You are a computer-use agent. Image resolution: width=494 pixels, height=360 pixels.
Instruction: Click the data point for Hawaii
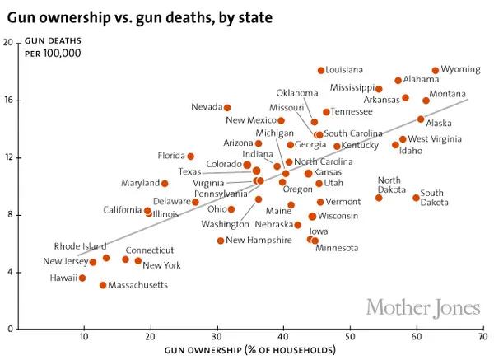(82, 278)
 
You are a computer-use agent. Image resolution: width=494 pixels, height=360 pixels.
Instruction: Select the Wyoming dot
(436, 71)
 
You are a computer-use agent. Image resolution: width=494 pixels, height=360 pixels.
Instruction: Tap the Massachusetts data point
(103, 285)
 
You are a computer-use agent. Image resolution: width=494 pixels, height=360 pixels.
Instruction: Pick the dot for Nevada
(227, 108)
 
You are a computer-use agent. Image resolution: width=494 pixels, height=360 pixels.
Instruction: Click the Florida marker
(190, 156)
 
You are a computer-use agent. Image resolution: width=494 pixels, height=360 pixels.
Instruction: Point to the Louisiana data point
(321, 71)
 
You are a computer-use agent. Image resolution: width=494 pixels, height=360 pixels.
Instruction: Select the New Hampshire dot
(221, 241)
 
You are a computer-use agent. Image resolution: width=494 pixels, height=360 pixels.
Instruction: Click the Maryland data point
(165, 184)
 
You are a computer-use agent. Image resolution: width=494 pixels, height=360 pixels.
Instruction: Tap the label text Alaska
(439, 124)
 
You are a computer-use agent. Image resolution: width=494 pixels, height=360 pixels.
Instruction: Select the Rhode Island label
(80, 246)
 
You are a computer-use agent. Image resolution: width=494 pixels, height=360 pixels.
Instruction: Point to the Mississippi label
(352, 87)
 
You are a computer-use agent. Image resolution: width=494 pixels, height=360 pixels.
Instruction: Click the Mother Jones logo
(422, 308)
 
